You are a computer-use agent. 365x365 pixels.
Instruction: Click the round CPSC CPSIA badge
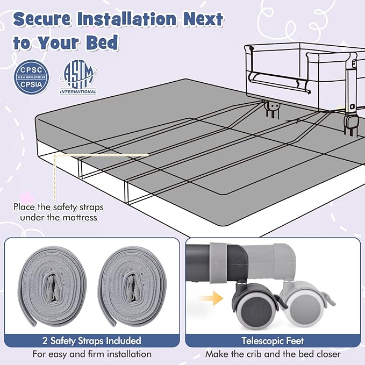tap(32, 77)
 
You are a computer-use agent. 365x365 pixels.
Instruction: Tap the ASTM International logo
tap(78, 77)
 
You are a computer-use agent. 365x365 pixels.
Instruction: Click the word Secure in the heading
tap(42, 19)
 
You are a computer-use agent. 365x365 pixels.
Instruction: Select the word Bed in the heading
tap(102, 42)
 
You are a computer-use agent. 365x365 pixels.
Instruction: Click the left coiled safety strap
tap(52, 287)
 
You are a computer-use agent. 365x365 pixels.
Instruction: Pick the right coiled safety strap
tap(132, 287)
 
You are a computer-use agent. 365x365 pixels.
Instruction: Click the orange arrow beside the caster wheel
tap(211, 298)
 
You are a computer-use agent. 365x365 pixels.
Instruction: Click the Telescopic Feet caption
tap(273, 341)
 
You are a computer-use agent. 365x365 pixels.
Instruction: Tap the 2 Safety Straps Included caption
tap(92, 341)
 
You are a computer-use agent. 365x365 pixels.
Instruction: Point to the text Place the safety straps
tap(59, 207)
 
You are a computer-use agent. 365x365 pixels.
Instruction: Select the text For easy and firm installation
tap(92, 354)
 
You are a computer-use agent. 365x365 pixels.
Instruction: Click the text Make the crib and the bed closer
tap(273, 354)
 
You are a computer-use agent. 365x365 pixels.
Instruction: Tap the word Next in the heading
tap(203, 19)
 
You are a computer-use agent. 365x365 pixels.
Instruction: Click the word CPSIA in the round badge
tap(31, 84)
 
